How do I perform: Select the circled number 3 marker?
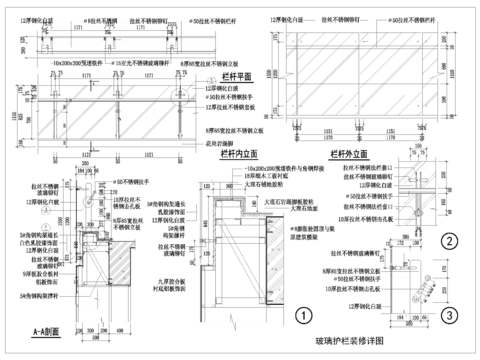pyautogui.click(x=451, y=316)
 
